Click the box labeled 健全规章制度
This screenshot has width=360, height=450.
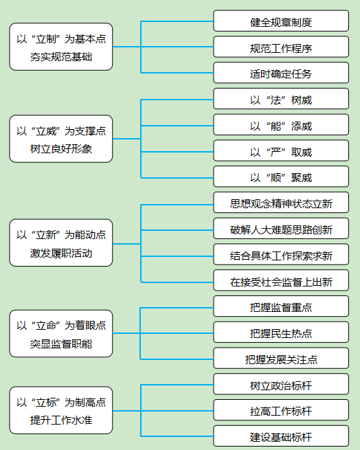tap(281, 21)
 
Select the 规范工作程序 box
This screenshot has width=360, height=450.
tap(281, 47)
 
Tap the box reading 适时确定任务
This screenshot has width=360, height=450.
tap(281, 73)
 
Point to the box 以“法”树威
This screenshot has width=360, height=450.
tap(281, 99)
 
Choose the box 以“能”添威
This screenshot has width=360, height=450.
tap(281, 125)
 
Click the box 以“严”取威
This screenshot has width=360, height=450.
tap(281, 150)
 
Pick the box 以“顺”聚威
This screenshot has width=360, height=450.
tap(281, 177)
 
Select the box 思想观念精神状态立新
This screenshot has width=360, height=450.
tap(281, 203)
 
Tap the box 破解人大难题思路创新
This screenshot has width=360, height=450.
tap(281, 229)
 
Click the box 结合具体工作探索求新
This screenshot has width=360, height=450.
tap(281, 255)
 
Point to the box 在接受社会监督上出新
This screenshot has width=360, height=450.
tap(281, 280)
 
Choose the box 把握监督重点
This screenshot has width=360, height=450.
tap(281, 306)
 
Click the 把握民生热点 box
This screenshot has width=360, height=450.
tap(281, 333)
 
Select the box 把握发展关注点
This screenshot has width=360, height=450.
tap(281, 358)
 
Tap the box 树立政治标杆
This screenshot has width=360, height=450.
tap(281, 384)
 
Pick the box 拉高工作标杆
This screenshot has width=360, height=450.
tap(281, 410)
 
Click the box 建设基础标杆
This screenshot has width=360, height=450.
tap(281, 436)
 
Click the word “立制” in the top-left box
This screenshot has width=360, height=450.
tap(46, 39)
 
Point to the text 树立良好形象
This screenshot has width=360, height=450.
tap(61, 149)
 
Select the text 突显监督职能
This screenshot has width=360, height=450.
tap(61, 344)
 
